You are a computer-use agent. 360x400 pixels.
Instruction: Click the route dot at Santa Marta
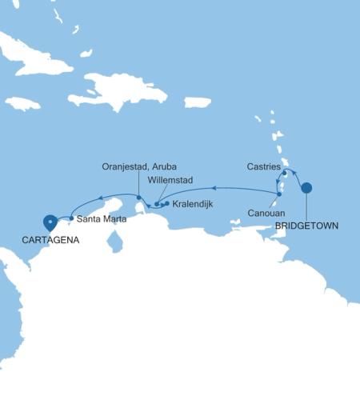click(72, 218)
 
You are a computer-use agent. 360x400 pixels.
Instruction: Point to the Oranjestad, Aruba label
click(139, 166)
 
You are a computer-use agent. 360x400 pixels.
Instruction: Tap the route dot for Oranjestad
click(138, 198)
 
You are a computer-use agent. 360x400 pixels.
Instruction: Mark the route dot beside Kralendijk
click(166, 203)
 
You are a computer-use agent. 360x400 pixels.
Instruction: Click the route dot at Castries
click(284, 173)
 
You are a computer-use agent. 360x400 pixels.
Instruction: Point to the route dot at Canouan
click(278, 194)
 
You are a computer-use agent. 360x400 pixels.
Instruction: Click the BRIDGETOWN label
click(306, 226)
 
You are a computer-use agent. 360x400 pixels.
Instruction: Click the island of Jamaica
click(22, 102)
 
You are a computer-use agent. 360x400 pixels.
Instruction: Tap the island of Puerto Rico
click(197, 102)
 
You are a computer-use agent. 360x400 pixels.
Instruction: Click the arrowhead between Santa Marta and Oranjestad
click(101, 197)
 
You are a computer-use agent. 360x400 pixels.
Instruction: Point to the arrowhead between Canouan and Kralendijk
click(214, 189)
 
